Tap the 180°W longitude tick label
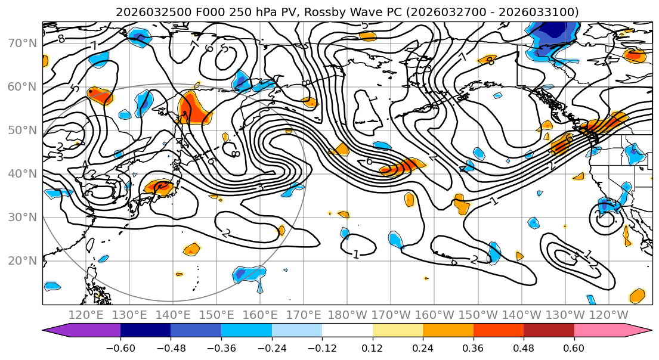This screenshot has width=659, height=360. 348,315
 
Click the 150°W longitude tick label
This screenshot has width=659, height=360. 478,315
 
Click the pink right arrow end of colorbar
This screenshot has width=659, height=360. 641,331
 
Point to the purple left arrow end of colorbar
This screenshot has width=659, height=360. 54,331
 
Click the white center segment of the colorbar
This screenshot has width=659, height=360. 347,331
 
